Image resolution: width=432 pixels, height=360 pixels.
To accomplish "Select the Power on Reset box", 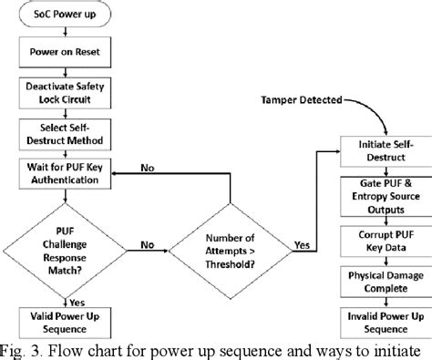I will point(67,54).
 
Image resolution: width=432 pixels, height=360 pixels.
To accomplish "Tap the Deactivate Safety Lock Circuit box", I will point(67,91).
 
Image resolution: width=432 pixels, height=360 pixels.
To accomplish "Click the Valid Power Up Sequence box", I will point(67,324).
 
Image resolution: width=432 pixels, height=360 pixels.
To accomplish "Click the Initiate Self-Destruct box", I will point(381,150).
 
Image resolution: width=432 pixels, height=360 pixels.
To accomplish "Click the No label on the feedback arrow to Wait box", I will point(172,168).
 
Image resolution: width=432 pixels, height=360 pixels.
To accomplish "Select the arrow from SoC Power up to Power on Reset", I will point(67,36).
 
